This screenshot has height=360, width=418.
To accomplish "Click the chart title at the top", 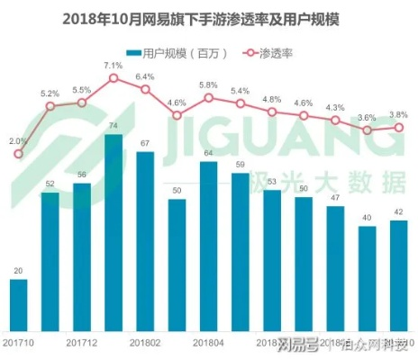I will coord(208,17).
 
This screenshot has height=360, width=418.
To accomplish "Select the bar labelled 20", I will coord(19,304).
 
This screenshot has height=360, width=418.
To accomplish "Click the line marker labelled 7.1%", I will coord(114,78).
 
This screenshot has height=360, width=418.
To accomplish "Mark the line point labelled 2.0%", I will coord(19,153).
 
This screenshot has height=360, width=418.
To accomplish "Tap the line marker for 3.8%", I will coord(397,127).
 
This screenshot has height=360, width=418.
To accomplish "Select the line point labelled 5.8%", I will coord(208,97).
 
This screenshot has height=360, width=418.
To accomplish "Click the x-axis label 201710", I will coord(19,342).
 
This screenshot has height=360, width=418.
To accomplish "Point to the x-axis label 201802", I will coord(145,342).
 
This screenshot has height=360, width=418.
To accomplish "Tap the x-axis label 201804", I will coord(208,342).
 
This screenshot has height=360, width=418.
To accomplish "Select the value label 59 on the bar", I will coord(240,165).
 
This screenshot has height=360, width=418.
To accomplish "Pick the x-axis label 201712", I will coord(82,342).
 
